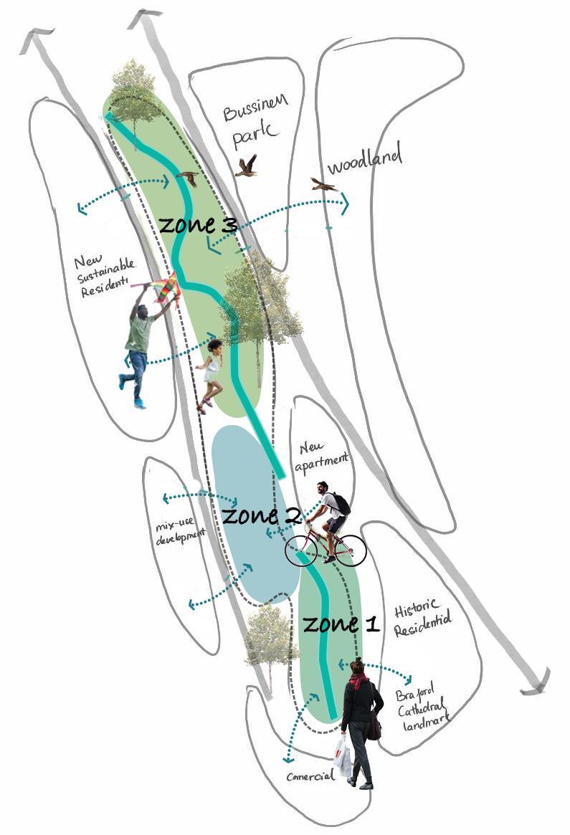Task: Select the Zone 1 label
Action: (x=340, y=623)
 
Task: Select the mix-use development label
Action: (x=180, y=532)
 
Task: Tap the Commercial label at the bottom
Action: (x=310, y=776)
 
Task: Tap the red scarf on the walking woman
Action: (x=358, y=679)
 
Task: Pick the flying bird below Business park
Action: (x=247, y=166)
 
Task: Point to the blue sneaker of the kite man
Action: (x=139, y=404)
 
